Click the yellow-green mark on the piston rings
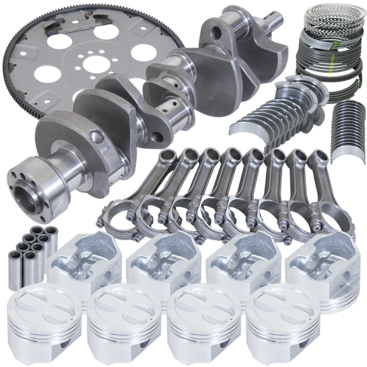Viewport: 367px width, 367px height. point(329,72)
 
